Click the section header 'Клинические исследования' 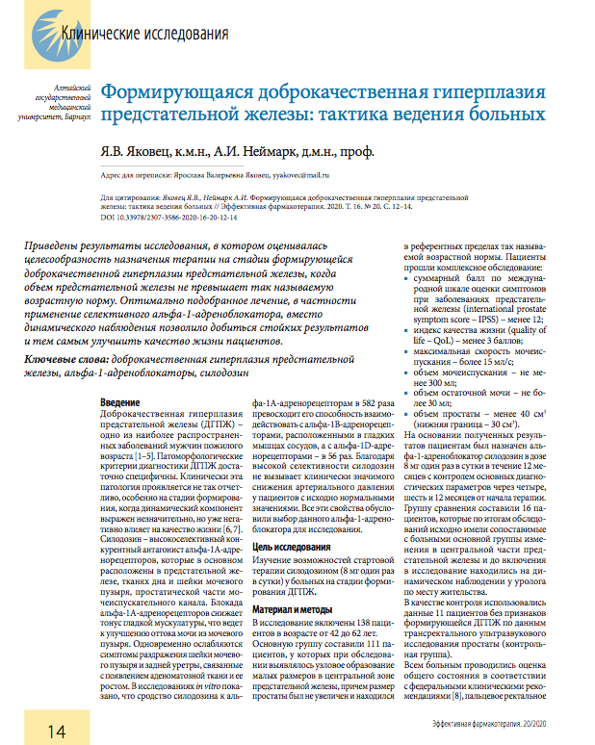[144, 34]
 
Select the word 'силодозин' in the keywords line [228, 372]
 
